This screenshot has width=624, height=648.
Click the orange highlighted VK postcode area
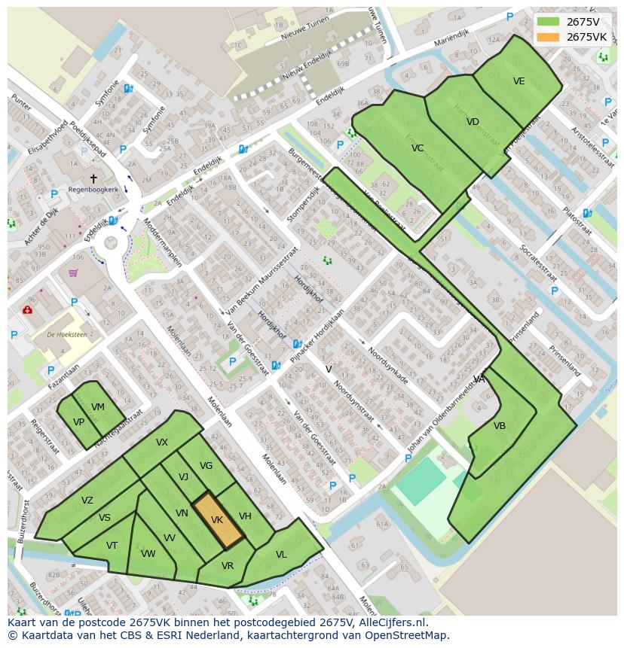tap(217, 520)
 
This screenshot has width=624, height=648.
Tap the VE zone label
tap(518, 81)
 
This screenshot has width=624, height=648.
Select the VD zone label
tap(473, 122)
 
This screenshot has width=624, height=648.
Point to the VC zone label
tap(418, 148)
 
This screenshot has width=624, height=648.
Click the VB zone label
tap(500, 426)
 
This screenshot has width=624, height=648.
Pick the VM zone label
tap(97, 407)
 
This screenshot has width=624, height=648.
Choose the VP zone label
tap(78, 422)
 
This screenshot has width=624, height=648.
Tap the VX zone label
tap(162, 443)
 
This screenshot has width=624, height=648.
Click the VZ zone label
tap(87, 500)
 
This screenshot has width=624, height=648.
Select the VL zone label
tap(281, 555)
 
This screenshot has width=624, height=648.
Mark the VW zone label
tap(148, 554)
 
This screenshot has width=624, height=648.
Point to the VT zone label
tap(112, 546)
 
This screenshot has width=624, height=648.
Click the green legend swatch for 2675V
tap(548, 22)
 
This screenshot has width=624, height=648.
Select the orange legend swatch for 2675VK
tap(548, 37)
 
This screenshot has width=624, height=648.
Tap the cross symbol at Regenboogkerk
tap(93, 178)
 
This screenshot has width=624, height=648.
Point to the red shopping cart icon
tap(73, 273)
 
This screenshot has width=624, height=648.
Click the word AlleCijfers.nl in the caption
tap(390, 622)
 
